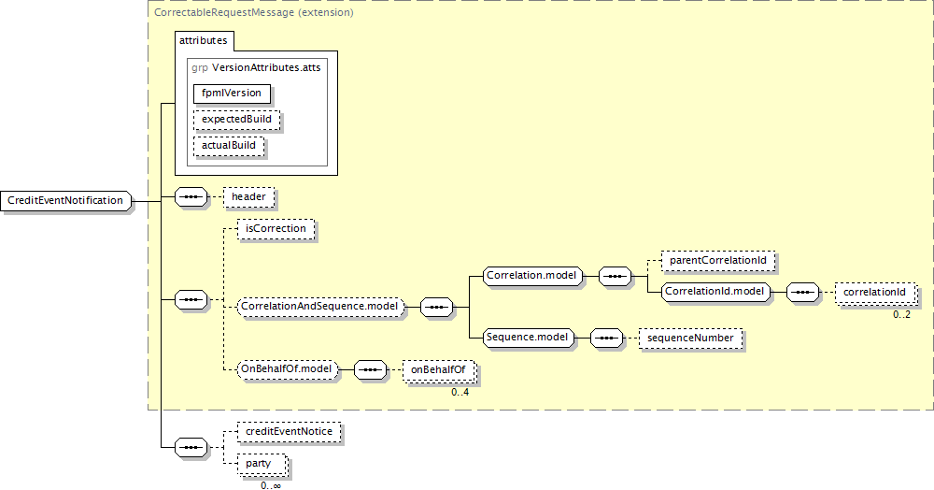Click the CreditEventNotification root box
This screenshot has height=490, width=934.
click(66, 200)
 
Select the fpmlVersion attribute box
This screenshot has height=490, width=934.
click(233, 94)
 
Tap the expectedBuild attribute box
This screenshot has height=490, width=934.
click(236, 121)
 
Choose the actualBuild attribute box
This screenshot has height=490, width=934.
click(229, 147)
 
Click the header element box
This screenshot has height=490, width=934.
click(248, 197)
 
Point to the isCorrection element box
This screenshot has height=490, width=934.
click(276, 228)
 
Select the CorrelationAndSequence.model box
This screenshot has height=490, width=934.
click(319, 306)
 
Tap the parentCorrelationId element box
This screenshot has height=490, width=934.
click(718, 260)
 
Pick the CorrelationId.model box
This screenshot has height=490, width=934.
click(715, 292)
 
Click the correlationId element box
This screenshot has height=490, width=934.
click(874, 293)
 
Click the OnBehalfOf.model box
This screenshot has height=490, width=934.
click(287, 369)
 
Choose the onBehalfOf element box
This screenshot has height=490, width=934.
click(438, 370)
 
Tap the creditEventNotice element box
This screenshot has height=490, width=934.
click(290, 432)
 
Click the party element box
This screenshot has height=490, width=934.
click(261, 464)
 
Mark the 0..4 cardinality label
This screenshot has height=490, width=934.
click(460, 392)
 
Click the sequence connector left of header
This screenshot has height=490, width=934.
click(191, 197)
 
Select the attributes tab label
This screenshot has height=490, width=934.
click(203, 41)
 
